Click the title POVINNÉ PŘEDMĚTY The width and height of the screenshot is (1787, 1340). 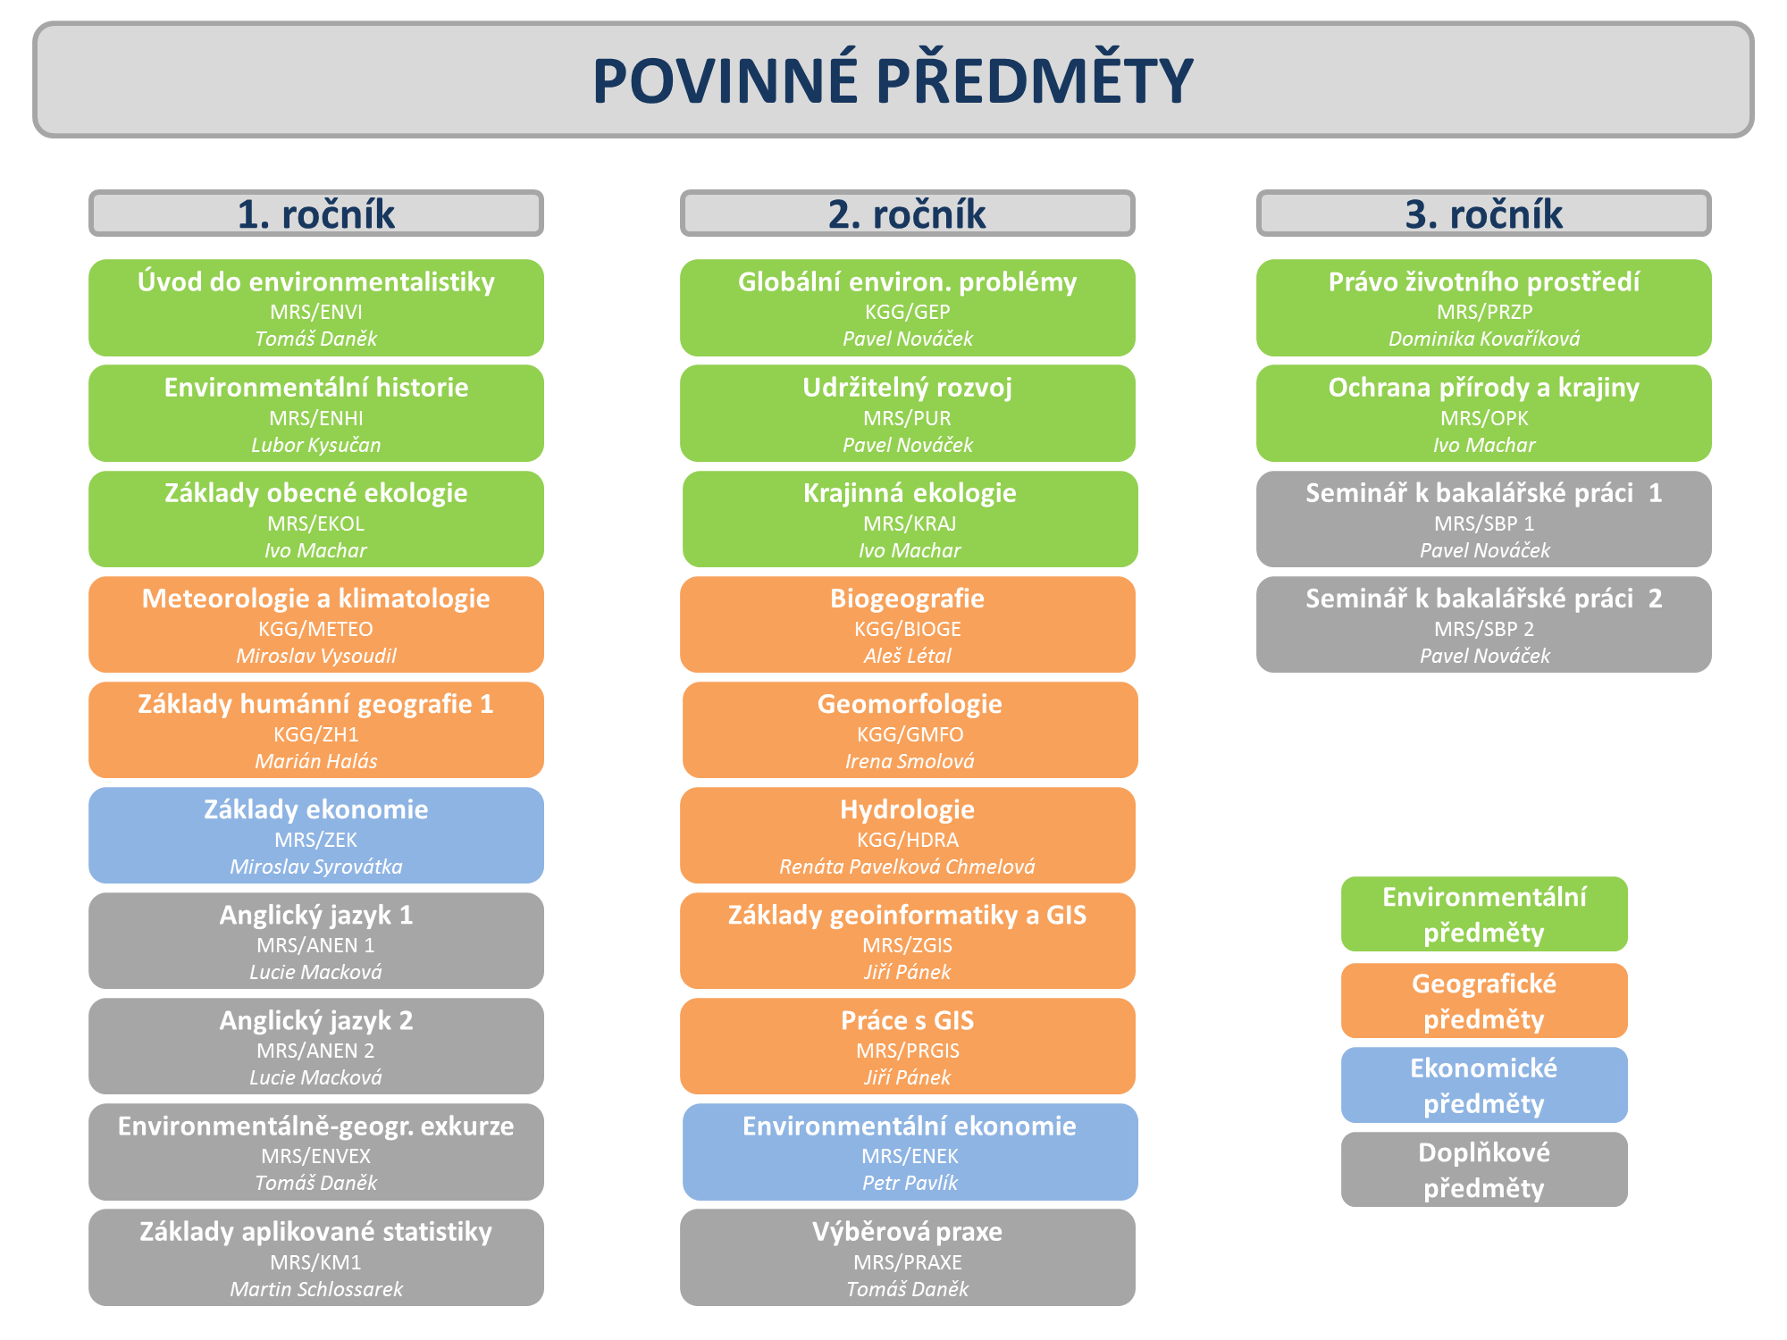893,80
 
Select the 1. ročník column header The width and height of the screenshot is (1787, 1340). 316,214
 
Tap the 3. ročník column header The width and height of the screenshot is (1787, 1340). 1484,214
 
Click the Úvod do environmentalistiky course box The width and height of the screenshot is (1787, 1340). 316,308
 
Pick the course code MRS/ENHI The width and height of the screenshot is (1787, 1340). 316,418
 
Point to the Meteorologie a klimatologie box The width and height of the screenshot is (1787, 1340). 316,624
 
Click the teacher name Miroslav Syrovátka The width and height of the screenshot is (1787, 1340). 316,867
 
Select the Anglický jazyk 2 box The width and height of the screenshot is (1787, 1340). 316,1046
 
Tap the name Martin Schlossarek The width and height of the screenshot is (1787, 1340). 316,1289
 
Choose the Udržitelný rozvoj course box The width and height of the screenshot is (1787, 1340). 908,414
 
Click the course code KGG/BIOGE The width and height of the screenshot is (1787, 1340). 908,629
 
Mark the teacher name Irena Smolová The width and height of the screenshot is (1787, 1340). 910,761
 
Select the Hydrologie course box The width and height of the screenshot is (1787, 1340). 908,835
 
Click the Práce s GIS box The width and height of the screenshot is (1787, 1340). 908,1046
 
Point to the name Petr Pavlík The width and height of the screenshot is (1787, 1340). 910,1183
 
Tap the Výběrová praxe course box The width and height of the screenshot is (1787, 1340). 908,1258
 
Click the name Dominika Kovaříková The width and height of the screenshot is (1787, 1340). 1484,339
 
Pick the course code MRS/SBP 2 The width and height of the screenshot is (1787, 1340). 1484,629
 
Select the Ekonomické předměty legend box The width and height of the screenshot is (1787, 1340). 1484,1085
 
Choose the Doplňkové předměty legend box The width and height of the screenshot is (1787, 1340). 1484,1170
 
